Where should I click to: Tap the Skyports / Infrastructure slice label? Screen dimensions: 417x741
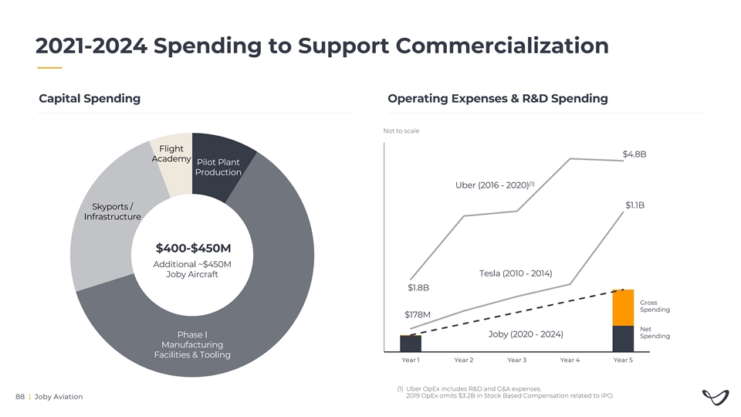point(113,212)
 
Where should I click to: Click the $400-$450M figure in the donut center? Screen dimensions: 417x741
point(193,248)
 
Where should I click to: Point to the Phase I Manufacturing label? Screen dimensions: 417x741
point(192,344)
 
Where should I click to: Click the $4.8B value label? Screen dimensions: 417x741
point(634,154)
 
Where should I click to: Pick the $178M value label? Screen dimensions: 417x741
point(417,314)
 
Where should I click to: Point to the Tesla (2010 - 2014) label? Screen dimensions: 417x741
point(515,274)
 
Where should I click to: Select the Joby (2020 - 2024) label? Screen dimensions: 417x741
point(526,334)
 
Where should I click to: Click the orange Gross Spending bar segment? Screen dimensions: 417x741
point(623,307)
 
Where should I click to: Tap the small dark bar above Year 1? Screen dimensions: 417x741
point(411,343)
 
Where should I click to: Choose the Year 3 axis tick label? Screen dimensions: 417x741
point(516,360)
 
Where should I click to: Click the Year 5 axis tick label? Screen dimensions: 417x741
point(622,360)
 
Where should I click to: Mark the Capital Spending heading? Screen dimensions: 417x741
point(90,98)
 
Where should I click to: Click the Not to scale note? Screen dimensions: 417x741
point(401,131)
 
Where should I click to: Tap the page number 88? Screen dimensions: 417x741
point(20,397)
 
